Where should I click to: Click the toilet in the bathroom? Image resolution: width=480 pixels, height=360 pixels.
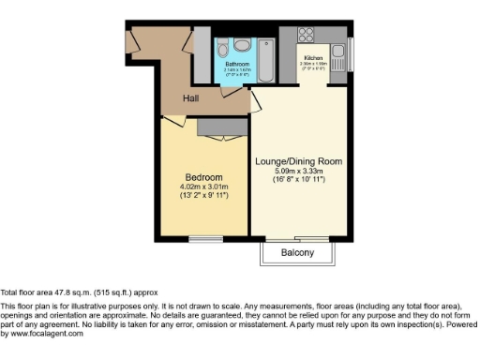(x=222, y=48)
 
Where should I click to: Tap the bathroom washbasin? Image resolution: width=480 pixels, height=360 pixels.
(x=242, y=44)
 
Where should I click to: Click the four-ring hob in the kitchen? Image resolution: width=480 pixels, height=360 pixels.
(x=307, y=37)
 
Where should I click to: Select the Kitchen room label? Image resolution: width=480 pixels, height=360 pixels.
(x=312, y=57)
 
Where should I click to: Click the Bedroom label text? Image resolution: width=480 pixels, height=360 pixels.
(x=203, y=178)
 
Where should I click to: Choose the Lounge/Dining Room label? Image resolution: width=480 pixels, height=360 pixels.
(x=299, y=160)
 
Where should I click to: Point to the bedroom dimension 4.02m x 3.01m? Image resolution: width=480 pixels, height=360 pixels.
(x=203, y=187)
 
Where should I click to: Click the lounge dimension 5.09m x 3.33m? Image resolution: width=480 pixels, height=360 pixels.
(x=299, y=171)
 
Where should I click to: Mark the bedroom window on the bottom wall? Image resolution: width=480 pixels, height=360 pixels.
(x=204, y=240)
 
